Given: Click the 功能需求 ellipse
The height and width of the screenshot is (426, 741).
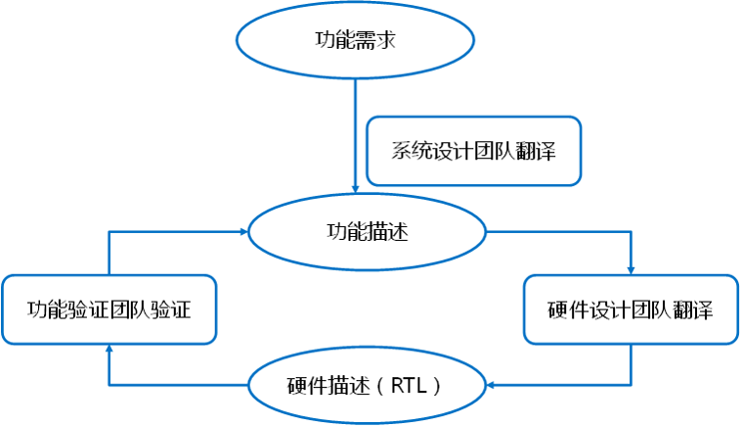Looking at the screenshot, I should (355, 40).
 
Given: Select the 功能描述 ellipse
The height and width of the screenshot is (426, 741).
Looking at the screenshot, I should (367, 232).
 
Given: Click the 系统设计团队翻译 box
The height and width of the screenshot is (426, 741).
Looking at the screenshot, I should (473, 151).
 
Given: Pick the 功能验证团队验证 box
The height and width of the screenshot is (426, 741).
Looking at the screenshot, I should (108, 309).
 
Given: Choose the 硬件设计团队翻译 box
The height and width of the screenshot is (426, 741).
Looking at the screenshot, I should (631, 309).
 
